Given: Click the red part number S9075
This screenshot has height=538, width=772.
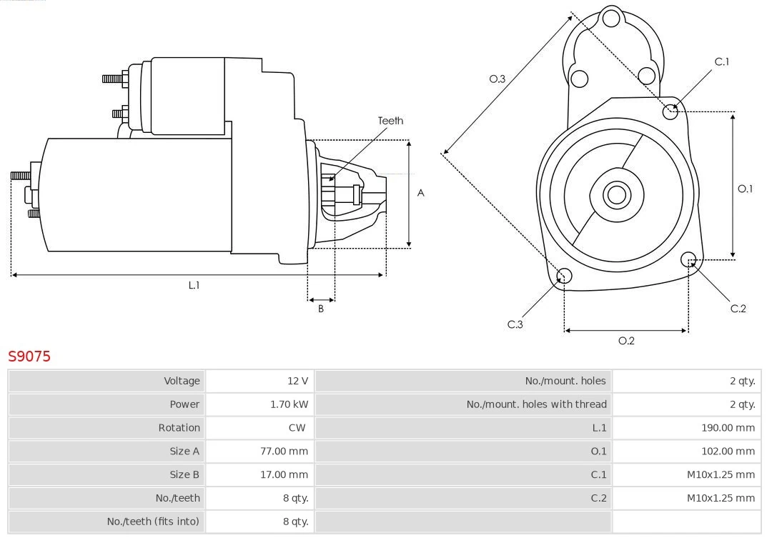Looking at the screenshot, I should (x=29, y=356).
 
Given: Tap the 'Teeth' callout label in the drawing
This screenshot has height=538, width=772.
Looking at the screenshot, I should (x=390, y=121).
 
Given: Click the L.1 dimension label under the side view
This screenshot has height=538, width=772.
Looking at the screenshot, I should (x=194, y=285).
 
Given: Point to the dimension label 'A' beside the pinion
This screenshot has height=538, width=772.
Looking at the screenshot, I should (x=421, y=193).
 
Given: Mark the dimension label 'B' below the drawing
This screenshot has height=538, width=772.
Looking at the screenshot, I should (x=321, y=309).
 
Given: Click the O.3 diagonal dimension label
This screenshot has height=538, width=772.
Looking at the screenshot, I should (x=498, y=79).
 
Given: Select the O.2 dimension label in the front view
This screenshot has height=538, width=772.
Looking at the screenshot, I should (x=626, y=341).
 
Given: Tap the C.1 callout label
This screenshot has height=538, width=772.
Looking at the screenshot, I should (x=722, y=61).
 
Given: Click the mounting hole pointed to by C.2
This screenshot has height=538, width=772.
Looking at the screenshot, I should (x=688, y=259).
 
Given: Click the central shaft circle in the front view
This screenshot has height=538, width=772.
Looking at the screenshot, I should (x=615, y=194).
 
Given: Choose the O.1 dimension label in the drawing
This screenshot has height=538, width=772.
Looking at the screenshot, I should (x=745, y=189).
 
